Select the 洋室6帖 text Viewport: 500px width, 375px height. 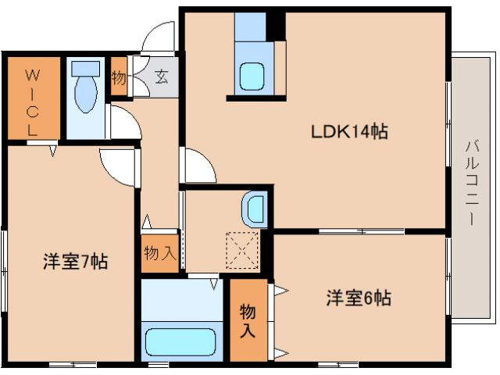[x=359, y=298]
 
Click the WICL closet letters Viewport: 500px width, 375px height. [x=32, y=102]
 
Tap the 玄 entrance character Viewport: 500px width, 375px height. [x=160, y=77]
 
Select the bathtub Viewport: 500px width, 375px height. [x=180, y=342]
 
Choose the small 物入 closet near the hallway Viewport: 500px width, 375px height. [x=159, y=253]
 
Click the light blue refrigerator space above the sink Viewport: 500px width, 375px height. [x=250, y=32]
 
